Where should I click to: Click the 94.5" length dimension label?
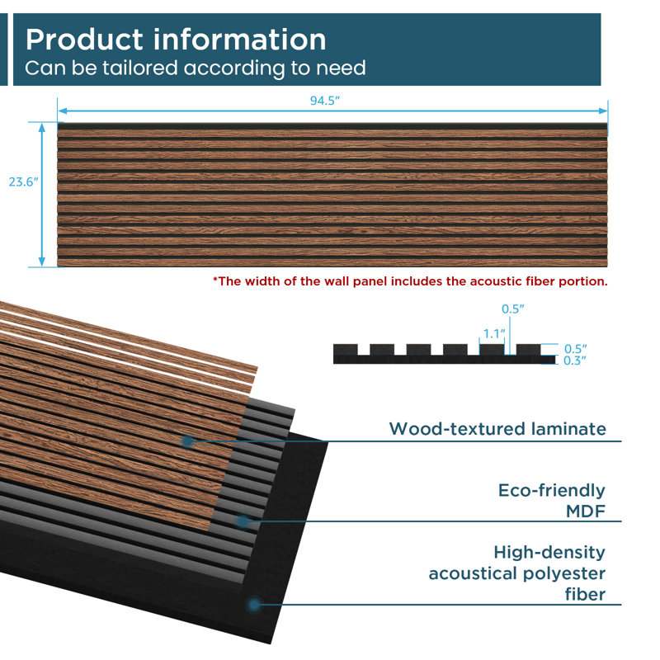pyautogui.click(x=324, y=101)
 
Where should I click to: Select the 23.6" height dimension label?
pyautogui.click(x=24, y=181)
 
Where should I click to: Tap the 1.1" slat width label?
pyautogui.click(x=493, y=334)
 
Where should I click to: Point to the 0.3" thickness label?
pyautogui.click(x=575, y=361)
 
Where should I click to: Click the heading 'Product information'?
pyautogui.click(x=176, y=40)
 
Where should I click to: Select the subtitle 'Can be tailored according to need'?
pyautogui.click(x=196, y=68)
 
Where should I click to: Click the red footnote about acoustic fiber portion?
pyautogui.click(x=410, y=281)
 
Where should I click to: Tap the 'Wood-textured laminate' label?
pyautogui.click(x=497, y=429)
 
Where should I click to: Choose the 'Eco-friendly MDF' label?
pyautogui.click(x=552, y=501)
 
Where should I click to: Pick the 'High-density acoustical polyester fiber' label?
pyautogui.click(x=517, y=573)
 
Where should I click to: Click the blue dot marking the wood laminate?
pyautogui.click(x=187, y=441)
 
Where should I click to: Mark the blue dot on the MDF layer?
pyautogui.click(x=243, y=521)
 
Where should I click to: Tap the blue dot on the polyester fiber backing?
pyautogui.click(x=253, y=605)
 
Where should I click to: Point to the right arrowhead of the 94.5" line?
pyautogui.click(x=603, y=111)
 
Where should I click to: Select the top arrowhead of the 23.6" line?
pyautogui.click(x=42, y=127)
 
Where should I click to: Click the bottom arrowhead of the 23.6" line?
pyautogui.click(x=42, y=262)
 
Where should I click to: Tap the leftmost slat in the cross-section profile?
pyautogui.click(x=346, y=349)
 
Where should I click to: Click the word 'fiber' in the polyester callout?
pyautogui.click(x=585, y=594)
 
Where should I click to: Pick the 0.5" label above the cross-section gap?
pyautogui.click(x=512, y=309)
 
